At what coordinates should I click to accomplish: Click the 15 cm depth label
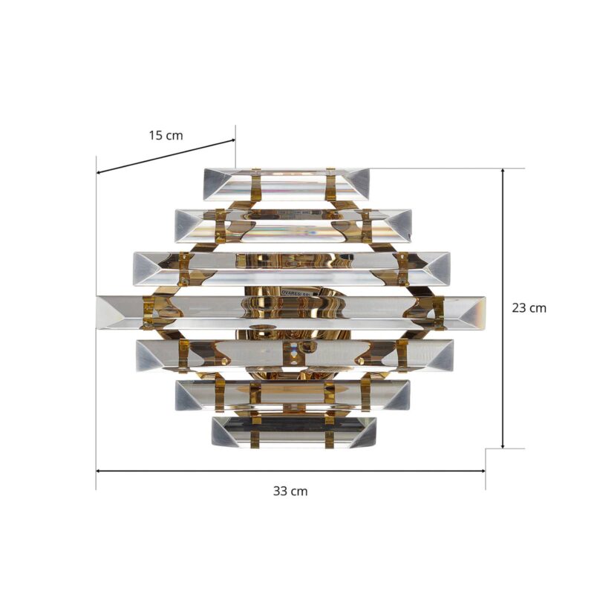tap(166, 135)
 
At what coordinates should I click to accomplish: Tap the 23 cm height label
tap(529, 308)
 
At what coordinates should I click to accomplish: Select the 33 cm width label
tap(290, 492)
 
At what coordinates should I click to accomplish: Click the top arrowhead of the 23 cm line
tap(503, 171)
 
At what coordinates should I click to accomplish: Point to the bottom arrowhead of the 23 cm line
tap(503, 446)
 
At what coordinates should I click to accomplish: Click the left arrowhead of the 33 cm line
tap(99, 471)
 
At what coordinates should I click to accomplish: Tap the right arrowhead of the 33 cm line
tap(483, 471)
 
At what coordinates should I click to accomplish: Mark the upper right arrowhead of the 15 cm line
tap(232, 141)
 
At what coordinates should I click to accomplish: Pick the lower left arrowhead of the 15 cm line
tap(99, 172)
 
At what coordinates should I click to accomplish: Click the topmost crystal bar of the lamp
tap(287, 184)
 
